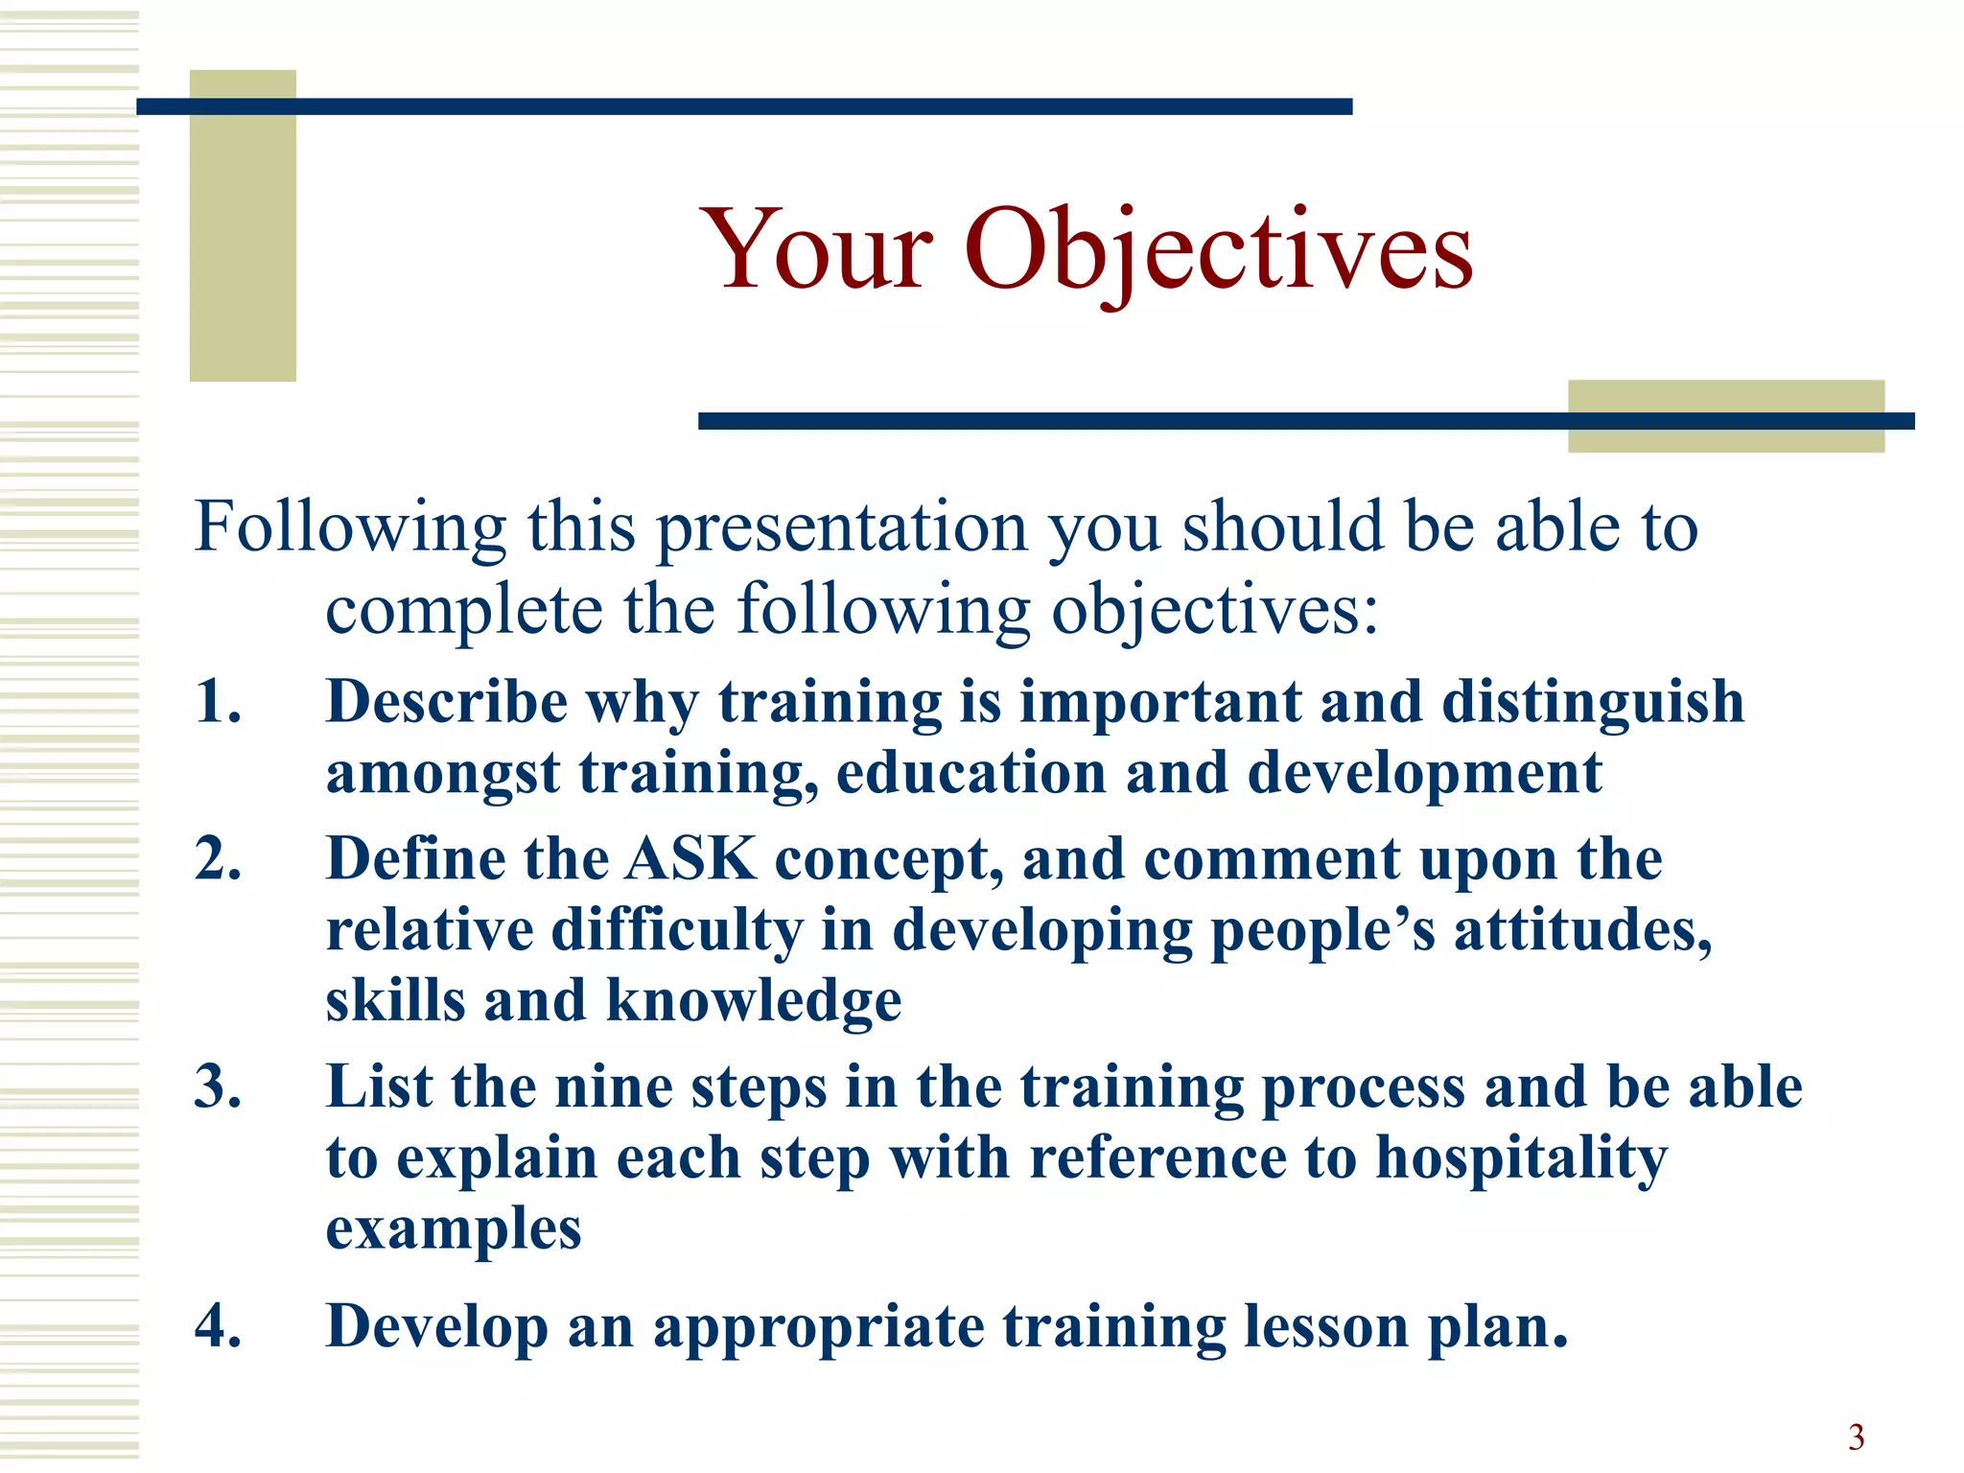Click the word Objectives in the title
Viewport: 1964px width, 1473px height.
coord(1218,251)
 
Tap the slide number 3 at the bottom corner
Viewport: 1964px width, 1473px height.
coord(1856,1437)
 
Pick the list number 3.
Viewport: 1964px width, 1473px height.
coord(218,1087)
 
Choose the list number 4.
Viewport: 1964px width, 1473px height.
coord(218,1326)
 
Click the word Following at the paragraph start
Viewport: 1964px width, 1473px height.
coord(350,529)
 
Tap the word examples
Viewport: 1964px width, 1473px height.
coord(454,1229)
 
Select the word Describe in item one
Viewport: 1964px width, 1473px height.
coord(447,701)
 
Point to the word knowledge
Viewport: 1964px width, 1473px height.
coord(754,1001)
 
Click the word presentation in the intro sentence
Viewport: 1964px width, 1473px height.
coord(842,529)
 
